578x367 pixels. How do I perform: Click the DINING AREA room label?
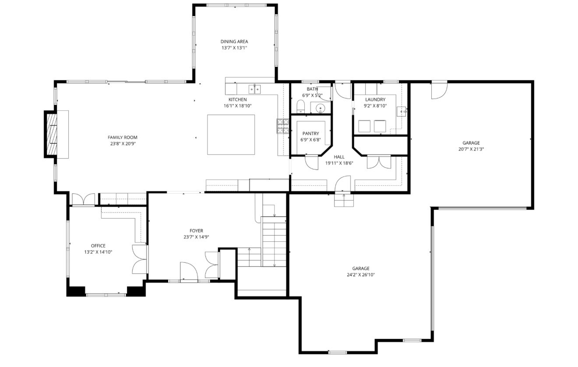pos(234,42)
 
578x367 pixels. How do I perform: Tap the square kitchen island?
pos(231,134)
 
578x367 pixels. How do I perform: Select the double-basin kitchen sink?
pos(254,89)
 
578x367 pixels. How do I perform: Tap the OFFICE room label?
pos(98,246)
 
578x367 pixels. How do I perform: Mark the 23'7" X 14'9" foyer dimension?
pos(196,237)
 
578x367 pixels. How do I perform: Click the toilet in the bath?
pos(300,106)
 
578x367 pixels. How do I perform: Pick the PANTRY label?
pos(310,134)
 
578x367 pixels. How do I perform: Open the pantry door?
pos(312,162)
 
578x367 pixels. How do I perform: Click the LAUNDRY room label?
pos(375,99)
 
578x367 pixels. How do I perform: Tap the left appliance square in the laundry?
pos(364,126)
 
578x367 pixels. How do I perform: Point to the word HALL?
pos(339,157)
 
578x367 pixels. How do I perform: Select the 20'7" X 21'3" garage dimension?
pos(471,149)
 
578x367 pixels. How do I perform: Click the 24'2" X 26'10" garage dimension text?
pos(361,275)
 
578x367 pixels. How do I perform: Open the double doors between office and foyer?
pos(140,259)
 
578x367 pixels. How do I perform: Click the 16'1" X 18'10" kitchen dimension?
pos(238,106)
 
